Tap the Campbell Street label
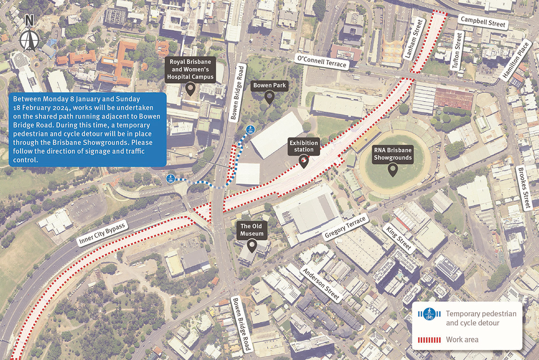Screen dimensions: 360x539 [x=482, y=22]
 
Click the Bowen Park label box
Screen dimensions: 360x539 [x=269, y=85]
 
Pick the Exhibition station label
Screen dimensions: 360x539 [x=304, y=146]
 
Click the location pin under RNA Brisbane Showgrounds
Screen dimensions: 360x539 [x=393, y=170]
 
